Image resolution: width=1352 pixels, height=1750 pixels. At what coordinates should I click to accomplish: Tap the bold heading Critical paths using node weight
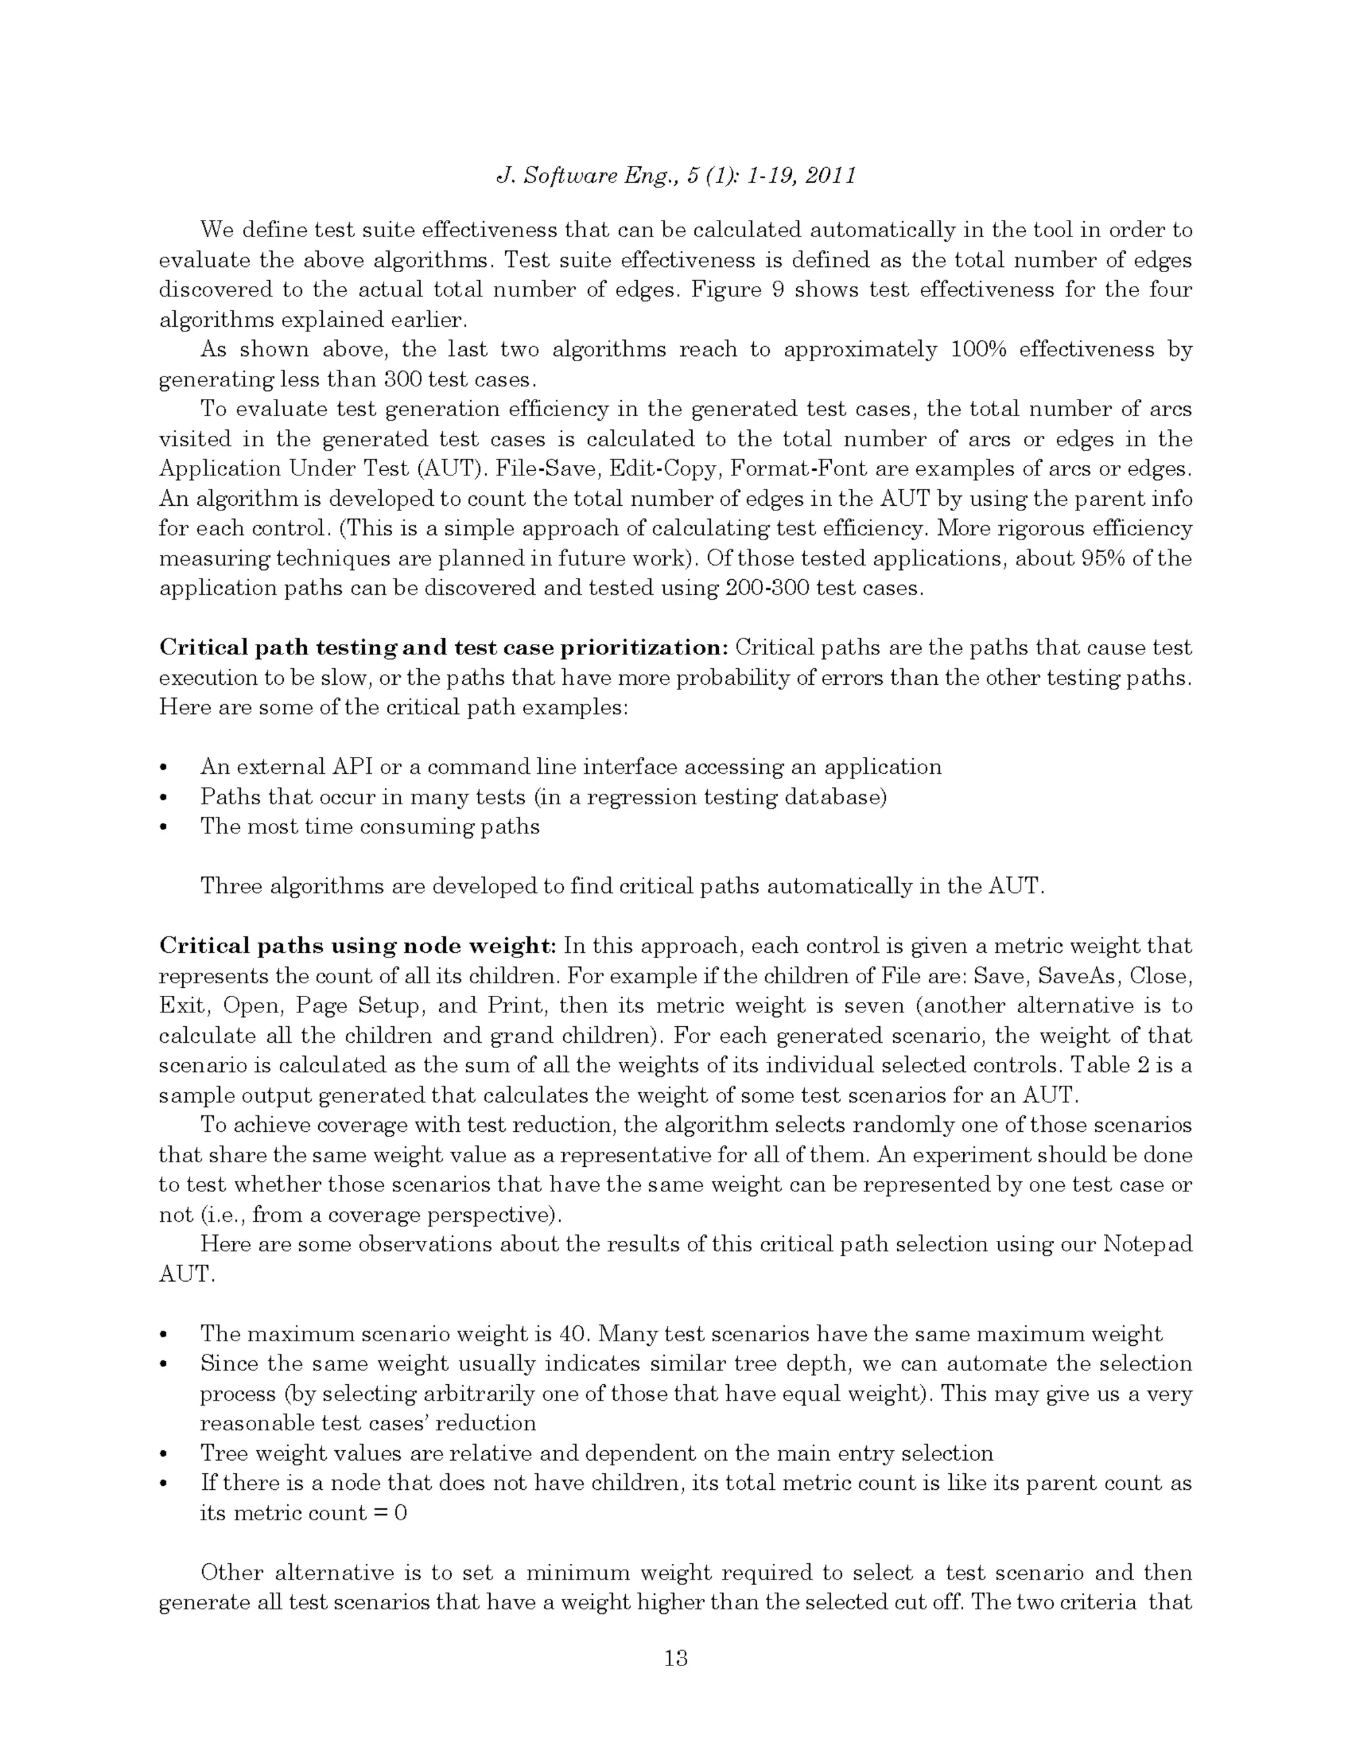coord(357,946)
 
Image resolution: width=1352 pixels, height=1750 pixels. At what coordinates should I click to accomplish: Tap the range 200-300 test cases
coord(823,588)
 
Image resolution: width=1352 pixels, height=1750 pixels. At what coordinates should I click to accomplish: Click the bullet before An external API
coord(164,767)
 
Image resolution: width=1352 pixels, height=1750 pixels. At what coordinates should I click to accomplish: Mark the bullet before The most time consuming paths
coord(164,827)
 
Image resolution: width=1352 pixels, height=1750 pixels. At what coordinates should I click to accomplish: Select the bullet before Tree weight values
coord(164,1454)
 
